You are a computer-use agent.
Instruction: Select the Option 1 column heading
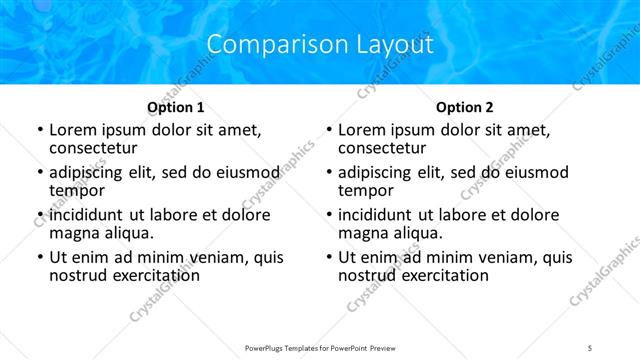pyautogui.click(x=176, y=107)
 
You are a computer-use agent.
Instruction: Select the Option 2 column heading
pyautogui.click(x=465, y=107)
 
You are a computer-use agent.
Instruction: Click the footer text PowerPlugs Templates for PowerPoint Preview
pyautogui.click(x=319, y=347)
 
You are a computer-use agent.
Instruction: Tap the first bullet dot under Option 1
pyautogui.click(x=39, y=131)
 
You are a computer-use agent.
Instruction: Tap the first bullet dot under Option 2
pyautogui.click(x=328, y=131)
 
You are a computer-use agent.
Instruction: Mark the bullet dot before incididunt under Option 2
pyautogui.click(x=328, y=216)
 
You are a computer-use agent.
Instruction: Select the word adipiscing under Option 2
pyautogui.click(x=378, y=172)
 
